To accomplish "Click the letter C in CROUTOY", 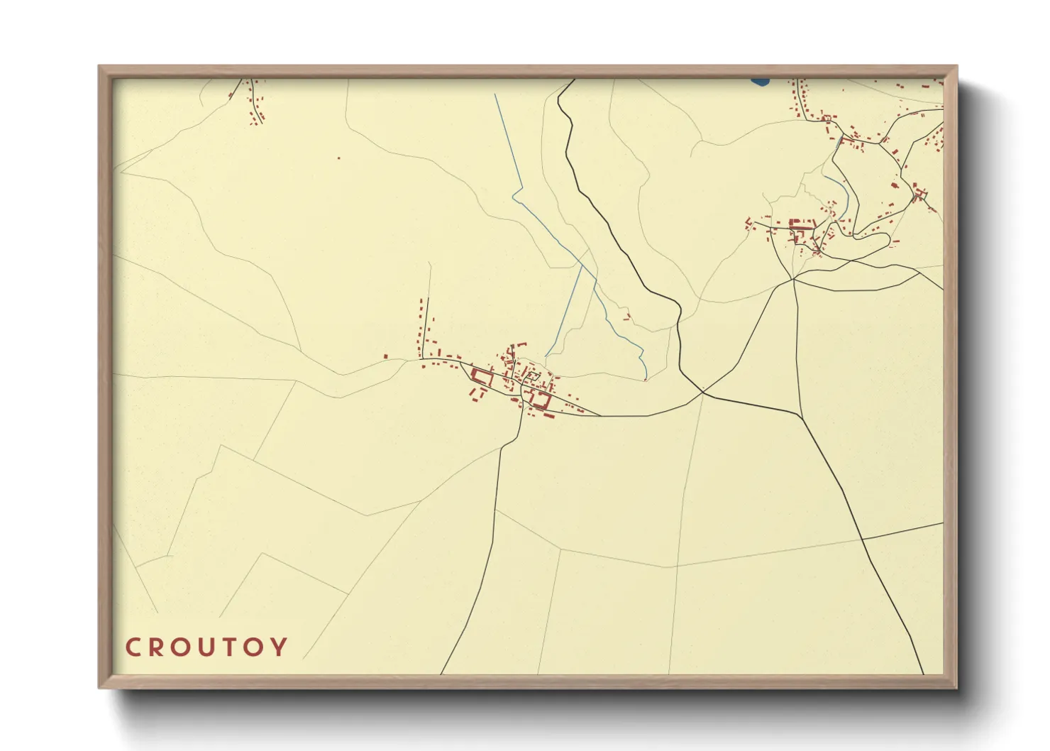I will [133, 647].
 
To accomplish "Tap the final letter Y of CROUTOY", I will [282, 647].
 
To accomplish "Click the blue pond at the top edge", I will [759, 82].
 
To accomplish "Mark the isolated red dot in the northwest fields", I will [338, 158].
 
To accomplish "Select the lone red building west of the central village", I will [385, 356].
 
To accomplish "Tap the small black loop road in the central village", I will [531, 375].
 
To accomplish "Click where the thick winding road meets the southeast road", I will [702, 392].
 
